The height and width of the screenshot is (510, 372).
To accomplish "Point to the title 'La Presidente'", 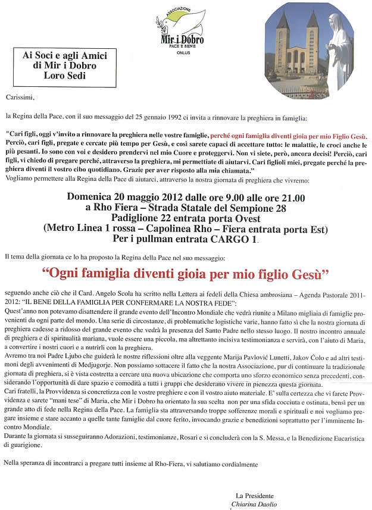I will (x=255, y=495).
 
